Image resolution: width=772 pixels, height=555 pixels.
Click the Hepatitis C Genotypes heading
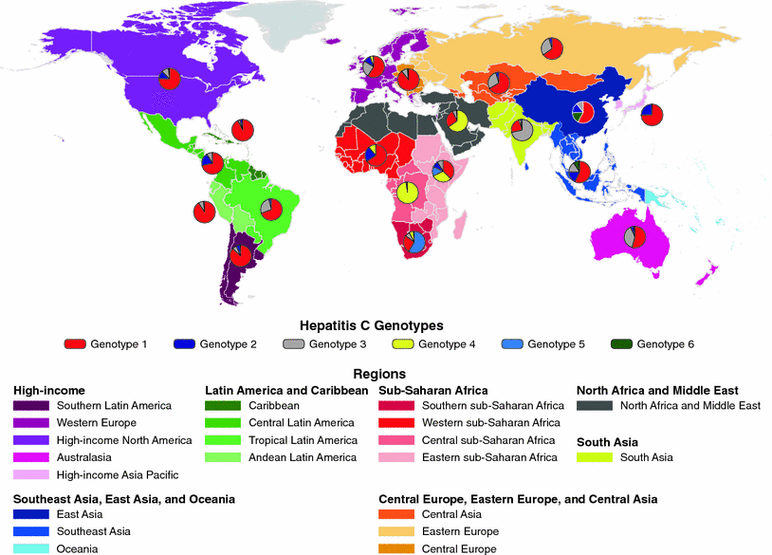click(385, 324)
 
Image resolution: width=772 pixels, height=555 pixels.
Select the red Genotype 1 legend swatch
click(77, 343)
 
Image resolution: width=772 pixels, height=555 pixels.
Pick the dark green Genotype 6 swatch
click(621, 343)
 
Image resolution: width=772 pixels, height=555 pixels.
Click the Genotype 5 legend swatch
click(511, 343)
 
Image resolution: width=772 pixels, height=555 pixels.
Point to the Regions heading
click(385, 374)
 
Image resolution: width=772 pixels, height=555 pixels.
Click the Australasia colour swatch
click(31, 457)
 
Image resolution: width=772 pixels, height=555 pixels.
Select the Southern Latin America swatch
click(31, 406)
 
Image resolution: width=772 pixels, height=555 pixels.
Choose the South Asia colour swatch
click(595, 458)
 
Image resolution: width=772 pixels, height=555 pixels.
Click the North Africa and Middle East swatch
click(595, 406)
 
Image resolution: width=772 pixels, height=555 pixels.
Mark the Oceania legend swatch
click(31, 548)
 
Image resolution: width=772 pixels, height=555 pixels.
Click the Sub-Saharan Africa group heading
click(433, 390)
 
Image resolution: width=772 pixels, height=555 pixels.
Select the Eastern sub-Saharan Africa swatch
click(396, 457)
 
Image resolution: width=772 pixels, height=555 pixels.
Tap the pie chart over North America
click(170, 78)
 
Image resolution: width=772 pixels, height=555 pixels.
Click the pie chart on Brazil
click(271, 209)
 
